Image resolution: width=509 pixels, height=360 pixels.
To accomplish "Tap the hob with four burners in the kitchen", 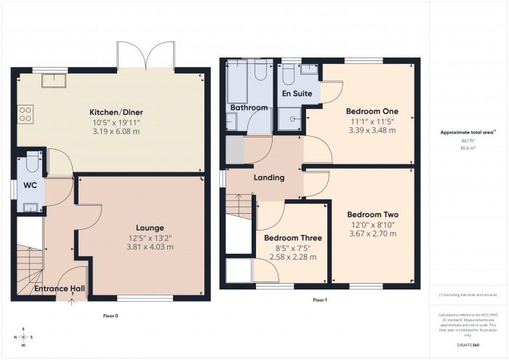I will (x=25, y=113).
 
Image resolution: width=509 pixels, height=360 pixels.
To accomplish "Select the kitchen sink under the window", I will (x=52, y=80).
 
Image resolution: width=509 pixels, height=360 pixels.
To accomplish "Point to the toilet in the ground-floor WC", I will (x=31, y=159).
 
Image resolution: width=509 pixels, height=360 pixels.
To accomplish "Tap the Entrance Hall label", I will (x=60, y=289).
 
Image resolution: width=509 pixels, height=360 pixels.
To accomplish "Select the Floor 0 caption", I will (x=111, y=316).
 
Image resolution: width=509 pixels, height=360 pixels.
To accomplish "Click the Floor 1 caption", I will (x=320, y=300).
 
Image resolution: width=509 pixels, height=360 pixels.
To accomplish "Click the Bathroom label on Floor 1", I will (x=249, y=108).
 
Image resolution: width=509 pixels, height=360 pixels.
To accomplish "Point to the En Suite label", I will (x=297, y=94).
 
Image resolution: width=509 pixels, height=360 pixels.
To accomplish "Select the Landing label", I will (x=268, y=177).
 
